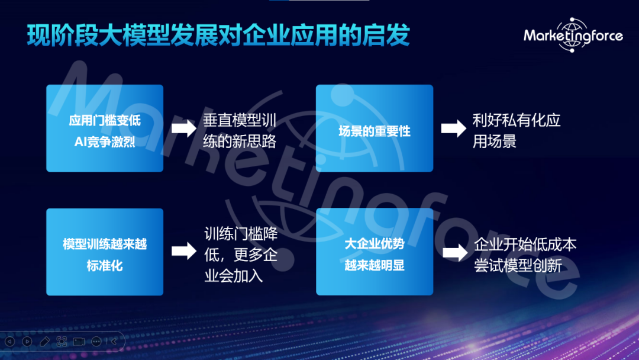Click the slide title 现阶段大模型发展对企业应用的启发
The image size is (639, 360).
click(x=218, y=35)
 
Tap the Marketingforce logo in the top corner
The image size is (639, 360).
click(x=573, y=36)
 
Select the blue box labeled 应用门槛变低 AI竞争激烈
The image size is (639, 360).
click(x=105, y=128)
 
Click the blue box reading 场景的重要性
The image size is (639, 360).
click(x=375, y=128)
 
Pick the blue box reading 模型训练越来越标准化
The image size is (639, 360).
click(x=105, y=252)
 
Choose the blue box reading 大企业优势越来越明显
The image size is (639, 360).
click(x=375, y=252)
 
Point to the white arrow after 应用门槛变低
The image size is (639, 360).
click(x=184, y=128)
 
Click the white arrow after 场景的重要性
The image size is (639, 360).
click(x=454, y=128)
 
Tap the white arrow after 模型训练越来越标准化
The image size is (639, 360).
click(x=184, y=251)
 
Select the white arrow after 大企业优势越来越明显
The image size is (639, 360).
click(x=455, y=253)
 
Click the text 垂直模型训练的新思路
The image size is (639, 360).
click(x=240, y=131)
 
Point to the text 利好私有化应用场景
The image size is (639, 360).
click(x=517, y=131)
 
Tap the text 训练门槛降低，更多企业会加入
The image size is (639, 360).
click(x=241, y=255)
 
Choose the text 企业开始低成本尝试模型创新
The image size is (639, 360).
click(x=525, y=255)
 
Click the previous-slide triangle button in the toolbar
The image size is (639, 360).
click(x=10, y=341)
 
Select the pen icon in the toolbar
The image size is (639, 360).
click(x=44, y=341)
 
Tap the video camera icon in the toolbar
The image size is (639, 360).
click(x=79, y=341)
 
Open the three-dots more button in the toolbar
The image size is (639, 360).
click(x=96, y=341)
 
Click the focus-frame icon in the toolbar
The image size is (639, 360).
click(x=62, y=341)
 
